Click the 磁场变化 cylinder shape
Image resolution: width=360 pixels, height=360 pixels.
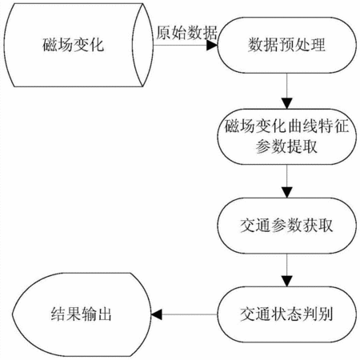pyautogui.click(x=78, y=45)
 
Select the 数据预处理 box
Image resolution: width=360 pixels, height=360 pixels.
pyautogui.click(x=286, y=45)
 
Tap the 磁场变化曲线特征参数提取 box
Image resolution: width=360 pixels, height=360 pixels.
pyautogui.click(x=286, y=136)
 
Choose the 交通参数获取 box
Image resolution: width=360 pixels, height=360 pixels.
pyautogui.click(x=286, y=226)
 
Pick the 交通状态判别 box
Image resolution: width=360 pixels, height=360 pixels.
pyautogui.click(x=286, y=314)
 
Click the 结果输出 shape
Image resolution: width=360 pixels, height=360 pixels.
pyautogui.click(x=82, y=314)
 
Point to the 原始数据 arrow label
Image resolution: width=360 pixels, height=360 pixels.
pyautogui.click(x=186, y=33)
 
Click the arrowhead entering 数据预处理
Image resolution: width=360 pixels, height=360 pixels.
pyautogui.click(x=212, y=45)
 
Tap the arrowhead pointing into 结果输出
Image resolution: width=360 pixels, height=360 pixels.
pyautogui.click(x=157, y=314)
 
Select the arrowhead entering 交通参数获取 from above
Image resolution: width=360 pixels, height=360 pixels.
pyautogui.click(x=287, y=193)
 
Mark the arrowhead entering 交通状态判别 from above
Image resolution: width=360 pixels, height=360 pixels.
pyautogui.click(x=287, y=282)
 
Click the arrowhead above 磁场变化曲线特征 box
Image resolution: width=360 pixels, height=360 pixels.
pyautogui.click(x=287, y=103)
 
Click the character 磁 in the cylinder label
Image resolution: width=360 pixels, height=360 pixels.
pyautogui.click(x=50, y=45)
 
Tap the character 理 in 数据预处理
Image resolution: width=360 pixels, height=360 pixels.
pyautogui.click(x=318, y=45)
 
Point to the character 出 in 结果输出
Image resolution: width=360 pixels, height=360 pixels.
pyautogui.click(x=104, y=314)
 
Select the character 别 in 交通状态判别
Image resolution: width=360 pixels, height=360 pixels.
pyautogui.click(x=326, y=314)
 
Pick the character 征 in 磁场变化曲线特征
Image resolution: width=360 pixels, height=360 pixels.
pyautogui.click(x=342, y=126)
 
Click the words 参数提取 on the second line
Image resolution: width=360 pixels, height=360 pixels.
pyautogui.click(x=286, y=146)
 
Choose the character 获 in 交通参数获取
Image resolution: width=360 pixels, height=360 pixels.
pyautogui.click(x=310, y=226)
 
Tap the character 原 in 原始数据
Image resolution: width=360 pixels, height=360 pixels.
pyautogui.click(x=164, y=33)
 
